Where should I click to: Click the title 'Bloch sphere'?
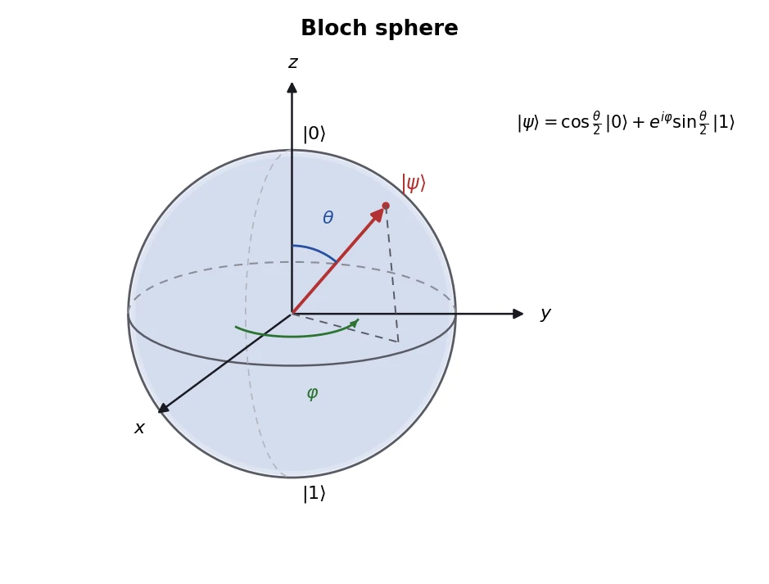pos(379,28)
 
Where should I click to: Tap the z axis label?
pos(293,63)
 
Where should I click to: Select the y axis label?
pos(545,314)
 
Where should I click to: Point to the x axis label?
pos(139,428)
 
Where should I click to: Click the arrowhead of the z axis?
pos(292,88)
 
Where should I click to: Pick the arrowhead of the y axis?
pos(518,314)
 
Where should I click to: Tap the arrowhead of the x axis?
pos(163,408)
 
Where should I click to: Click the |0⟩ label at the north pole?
pos(314,134)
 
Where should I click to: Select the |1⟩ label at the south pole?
pos(314,493)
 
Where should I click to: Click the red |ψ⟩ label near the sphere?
pos(414,183)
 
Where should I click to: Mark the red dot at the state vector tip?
pos(386,206)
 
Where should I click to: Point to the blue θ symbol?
pos(328,217)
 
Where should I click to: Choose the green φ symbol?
pos(312,393)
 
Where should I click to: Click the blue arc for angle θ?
pos(316,250)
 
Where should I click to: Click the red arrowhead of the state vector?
pos(378,215)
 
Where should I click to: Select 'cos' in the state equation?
pos(575,122)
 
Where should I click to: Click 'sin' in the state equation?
pos(684,122)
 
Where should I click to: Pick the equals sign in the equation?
pos(550,123)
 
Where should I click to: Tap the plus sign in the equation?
pos(638,123)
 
